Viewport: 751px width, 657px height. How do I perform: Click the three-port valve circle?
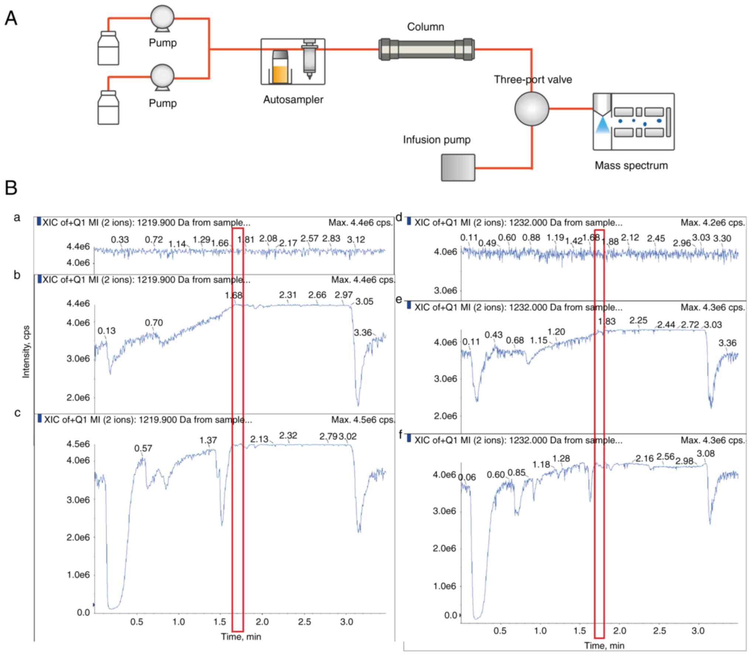[x=531, y=109]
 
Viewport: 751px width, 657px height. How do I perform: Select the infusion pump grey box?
[x=458, y=167]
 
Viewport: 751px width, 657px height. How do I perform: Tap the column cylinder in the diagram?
[x=427, y=49]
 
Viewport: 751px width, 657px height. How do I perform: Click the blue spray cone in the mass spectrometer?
[x=602, y=125]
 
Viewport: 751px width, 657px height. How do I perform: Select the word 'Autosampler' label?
[x=293, y=99]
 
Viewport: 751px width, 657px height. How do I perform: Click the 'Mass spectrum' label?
[x=631, y=165]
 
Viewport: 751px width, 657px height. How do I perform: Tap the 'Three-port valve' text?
[x=533, y=79]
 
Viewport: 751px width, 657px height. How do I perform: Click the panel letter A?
[x=11, y=18]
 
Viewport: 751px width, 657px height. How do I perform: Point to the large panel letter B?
[x=11, y=188]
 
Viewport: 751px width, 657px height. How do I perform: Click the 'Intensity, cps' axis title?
[x=26, y=352]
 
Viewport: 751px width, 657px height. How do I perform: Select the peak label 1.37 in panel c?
[x=208, y=440]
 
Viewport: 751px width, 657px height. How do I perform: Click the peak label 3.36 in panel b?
[x=363, y=333]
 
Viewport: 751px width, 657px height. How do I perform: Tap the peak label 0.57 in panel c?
[x=143, y=448]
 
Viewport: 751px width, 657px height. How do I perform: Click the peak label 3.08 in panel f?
[x=706, y=454]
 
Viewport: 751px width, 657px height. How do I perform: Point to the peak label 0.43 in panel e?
[x=493, y=335]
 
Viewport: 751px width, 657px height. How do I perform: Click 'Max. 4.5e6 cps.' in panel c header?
[x=363, y=420]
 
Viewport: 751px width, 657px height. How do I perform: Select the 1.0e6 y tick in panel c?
[x=78, y=575]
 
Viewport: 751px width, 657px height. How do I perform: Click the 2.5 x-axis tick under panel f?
[x=659, y=630]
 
